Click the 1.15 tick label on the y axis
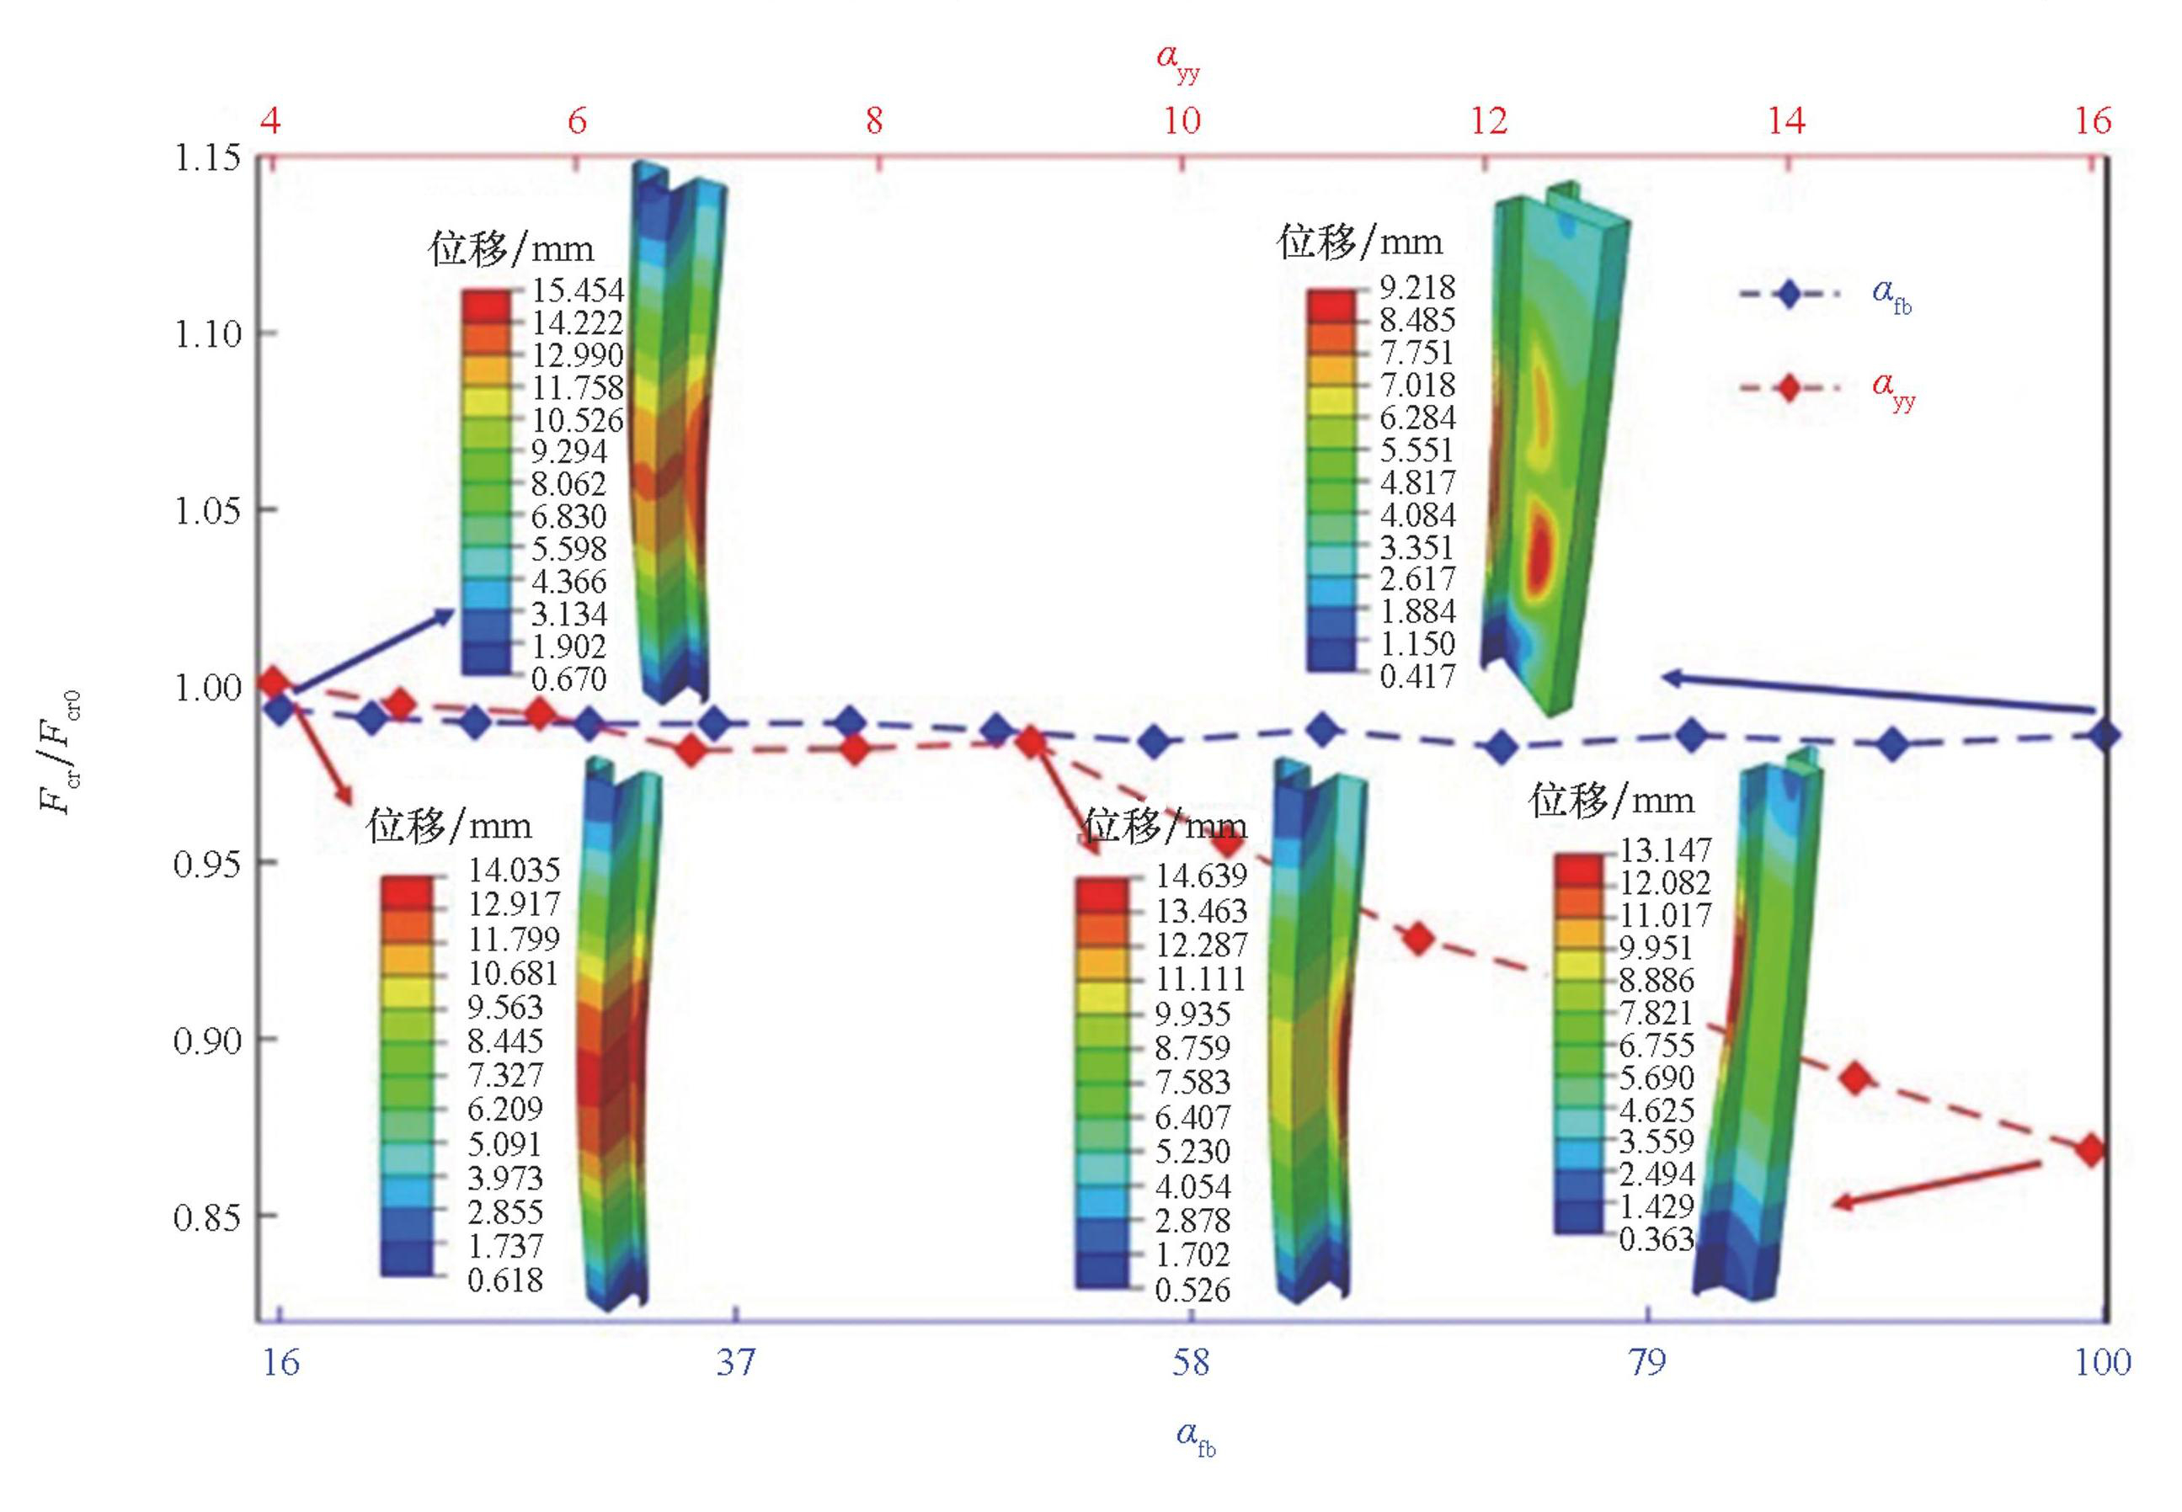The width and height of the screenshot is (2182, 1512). coord(206,157)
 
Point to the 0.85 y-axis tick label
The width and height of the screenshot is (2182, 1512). coord(206,1217)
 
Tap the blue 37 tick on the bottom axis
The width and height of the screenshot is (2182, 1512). coord(735,1362)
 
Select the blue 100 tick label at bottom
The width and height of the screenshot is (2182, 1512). coord(2102,1362)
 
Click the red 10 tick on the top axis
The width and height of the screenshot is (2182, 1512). coord(1181,121)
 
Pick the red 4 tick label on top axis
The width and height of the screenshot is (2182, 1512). coord(271,121)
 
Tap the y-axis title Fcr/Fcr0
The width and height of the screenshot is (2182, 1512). coord(60,753)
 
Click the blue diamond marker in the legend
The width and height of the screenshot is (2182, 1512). coord(1788,294)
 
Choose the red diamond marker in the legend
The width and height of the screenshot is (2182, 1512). coord(1788,387)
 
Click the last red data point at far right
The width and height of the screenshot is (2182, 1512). coord(2090,1151)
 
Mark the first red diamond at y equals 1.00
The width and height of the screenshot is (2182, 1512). coord(273,681)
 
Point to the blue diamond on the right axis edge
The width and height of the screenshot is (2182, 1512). coord(2105,735)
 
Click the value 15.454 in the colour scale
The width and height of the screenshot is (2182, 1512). coord(577,290)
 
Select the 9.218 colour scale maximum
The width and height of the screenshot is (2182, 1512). coord(1416,287)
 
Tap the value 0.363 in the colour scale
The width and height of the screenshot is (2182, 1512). coord(1657,1239)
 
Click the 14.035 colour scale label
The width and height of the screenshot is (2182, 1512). coord(514,870)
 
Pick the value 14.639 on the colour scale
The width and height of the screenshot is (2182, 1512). coord(1200,876)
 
